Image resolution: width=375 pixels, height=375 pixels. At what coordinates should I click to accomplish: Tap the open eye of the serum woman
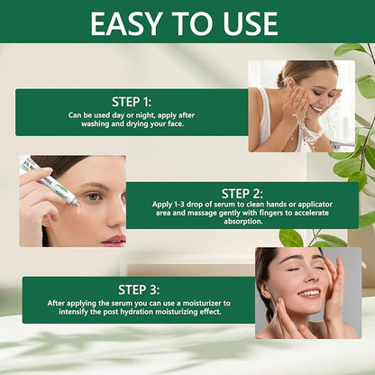pyautogui.click(x=93, y=196)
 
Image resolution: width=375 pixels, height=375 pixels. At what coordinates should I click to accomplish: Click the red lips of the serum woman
pyautogui.click(x=114, y=240)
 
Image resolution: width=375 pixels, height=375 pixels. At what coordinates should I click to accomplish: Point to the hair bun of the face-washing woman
pyautogui.click(x=287, y=69)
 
